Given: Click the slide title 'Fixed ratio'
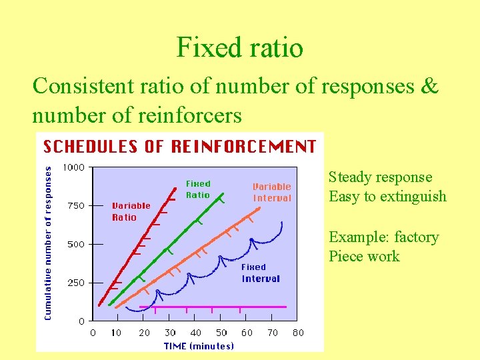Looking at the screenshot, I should click(240, 47).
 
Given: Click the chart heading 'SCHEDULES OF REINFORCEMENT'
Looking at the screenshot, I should click(179, 147).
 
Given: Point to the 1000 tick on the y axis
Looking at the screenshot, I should click(73, 167).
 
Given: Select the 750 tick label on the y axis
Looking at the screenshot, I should click(76, 206).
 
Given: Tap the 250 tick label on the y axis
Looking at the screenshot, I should click(76, 283).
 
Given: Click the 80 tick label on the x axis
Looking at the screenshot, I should click(299, 333).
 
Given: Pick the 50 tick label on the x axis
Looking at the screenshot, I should click(221, 333).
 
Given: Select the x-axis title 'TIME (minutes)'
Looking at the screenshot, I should click(199, 345).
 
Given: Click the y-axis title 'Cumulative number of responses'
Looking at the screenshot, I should click(48, 243).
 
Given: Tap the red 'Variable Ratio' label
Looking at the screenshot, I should click(131, 211).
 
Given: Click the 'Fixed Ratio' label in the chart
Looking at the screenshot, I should click(198, 189).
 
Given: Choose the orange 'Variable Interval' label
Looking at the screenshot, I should click(272, 192).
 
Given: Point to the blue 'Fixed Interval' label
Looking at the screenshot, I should click(261, 273).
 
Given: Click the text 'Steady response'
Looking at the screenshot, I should click(380, 177).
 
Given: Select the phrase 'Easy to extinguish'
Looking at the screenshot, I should click(387, 197).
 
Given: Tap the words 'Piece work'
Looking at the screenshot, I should click(364, 257).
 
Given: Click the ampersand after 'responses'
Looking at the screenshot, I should click(429, 87).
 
